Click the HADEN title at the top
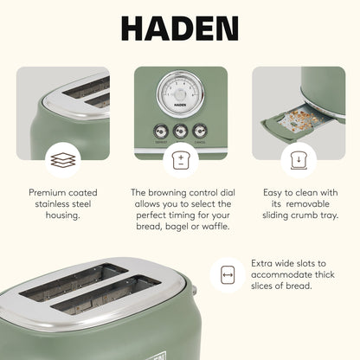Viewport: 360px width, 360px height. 179,28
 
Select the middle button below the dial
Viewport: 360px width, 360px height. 179,132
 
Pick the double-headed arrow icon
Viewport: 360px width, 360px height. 228,275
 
